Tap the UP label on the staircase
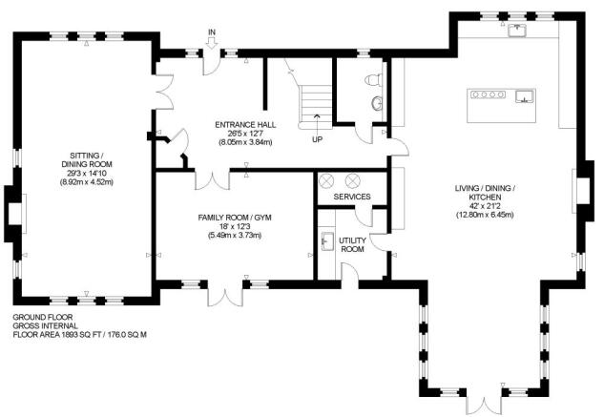point(317,137)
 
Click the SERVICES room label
point(352,197)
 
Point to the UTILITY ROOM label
point(353,244)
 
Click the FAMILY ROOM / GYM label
point(235,219)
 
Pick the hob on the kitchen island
point(483,94)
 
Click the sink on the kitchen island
point(525,95)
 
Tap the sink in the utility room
point(327,240)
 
